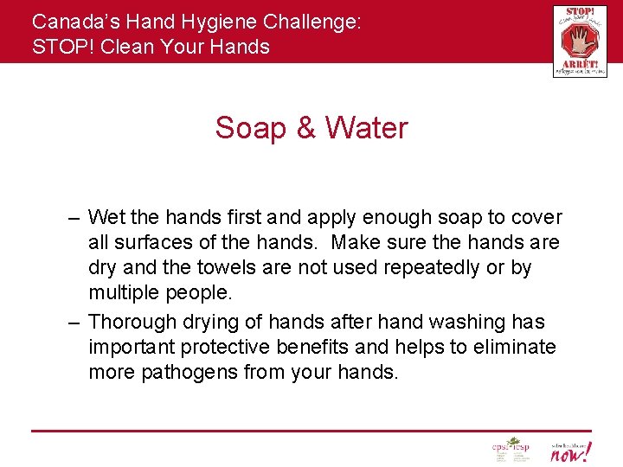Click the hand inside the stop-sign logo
pyautogui.click(x=579, y=39)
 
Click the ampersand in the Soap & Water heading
pyautogui.click(x=305, y=128)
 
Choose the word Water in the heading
pyautogui.click(x=366, y=128)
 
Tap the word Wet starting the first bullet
pyautogui.click(x=105, y=217)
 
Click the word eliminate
pyautogui.click(x=513, y=347)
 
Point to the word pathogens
pyautogui.click(x=192, y=373)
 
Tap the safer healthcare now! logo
pyautogui.click(x=570, y=450)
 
